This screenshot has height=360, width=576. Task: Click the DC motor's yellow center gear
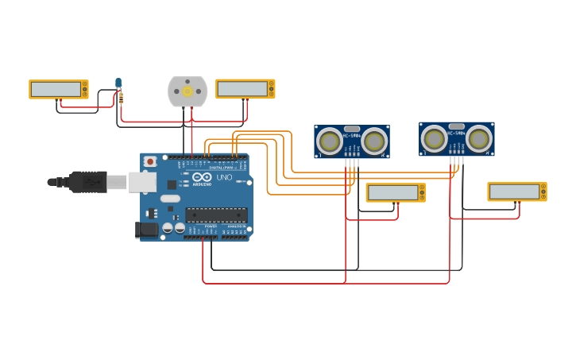point(187,91)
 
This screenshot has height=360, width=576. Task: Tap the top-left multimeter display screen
point(56,89)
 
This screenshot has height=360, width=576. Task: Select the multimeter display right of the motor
point(243,88)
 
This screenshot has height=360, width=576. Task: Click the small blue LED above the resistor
point(118,83)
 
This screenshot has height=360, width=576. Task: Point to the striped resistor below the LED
point(120,99)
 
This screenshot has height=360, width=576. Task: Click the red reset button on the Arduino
point(150,161)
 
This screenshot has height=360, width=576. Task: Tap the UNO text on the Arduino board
point(224,177)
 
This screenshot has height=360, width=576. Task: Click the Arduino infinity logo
point(202,176)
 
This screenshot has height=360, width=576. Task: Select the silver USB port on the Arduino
point(142,183)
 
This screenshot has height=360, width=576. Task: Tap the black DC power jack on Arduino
point(147,230)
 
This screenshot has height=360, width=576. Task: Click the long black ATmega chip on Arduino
point(216,215)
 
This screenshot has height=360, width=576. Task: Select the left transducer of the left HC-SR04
point(329,141)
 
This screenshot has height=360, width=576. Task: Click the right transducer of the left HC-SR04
point(373,141)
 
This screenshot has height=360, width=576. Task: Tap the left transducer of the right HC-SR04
point(434,139)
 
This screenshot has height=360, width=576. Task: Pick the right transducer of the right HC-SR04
point(478,139)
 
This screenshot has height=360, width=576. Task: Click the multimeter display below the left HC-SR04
point(393,192)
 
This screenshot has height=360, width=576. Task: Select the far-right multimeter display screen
point(515,192)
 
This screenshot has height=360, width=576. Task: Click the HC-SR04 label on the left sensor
point(351,136)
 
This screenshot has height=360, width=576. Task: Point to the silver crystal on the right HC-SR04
point(456,126)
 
